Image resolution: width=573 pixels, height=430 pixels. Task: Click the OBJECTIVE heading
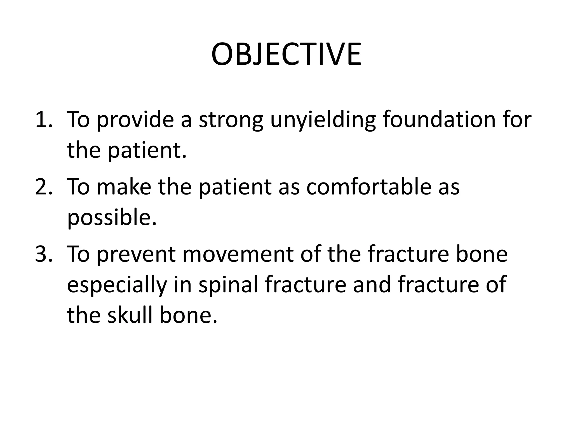pyautogui.click(x=286, y=55)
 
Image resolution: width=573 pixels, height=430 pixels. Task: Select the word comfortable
pyautogui.click(x=369, y=187)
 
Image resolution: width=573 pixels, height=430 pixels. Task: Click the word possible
pyautogui.click(x=112, y=218)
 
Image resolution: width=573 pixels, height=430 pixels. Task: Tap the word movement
pyautogui.click(x=238, y=254)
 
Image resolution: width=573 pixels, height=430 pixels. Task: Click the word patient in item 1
pyautogui.click(x=147, y=151)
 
